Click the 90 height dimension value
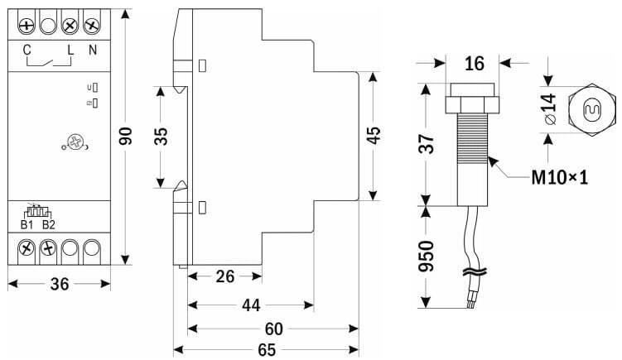[x=127, y=137]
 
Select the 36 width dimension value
[x=60, y=285]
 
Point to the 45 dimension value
[x=374, y=135]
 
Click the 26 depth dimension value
[x=225, y=276]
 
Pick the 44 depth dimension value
[x=251, y=305]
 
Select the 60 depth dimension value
[x=274, y=329]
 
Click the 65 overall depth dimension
[x=266, y=349]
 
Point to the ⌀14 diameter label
[x=547, y=108]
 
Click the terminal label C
[x=27, y=51]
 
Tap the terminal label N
[x=93, y=51]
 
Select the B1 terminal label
[x=27, y=224]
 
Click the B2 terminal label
[x=48, y=224]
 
